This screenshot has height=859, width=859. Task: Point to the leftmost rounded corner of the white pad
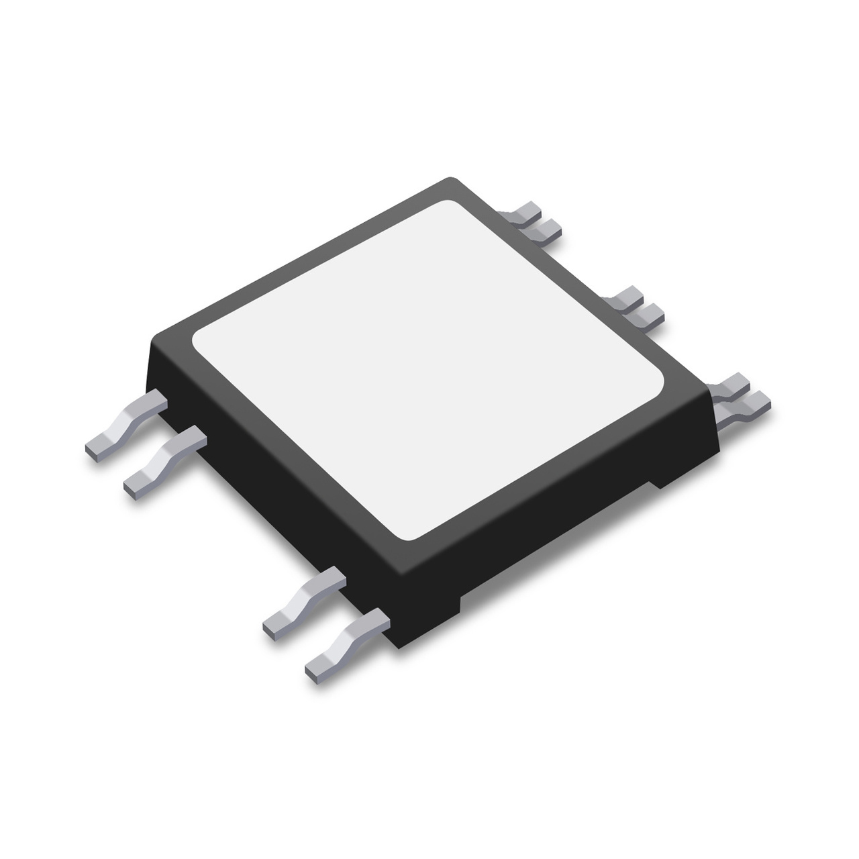(197, 344)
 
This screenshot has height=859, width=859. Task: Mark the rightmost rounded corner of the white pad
(661, 383)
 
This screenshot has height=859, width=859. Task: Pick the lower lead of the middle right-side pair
(648, 314)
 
